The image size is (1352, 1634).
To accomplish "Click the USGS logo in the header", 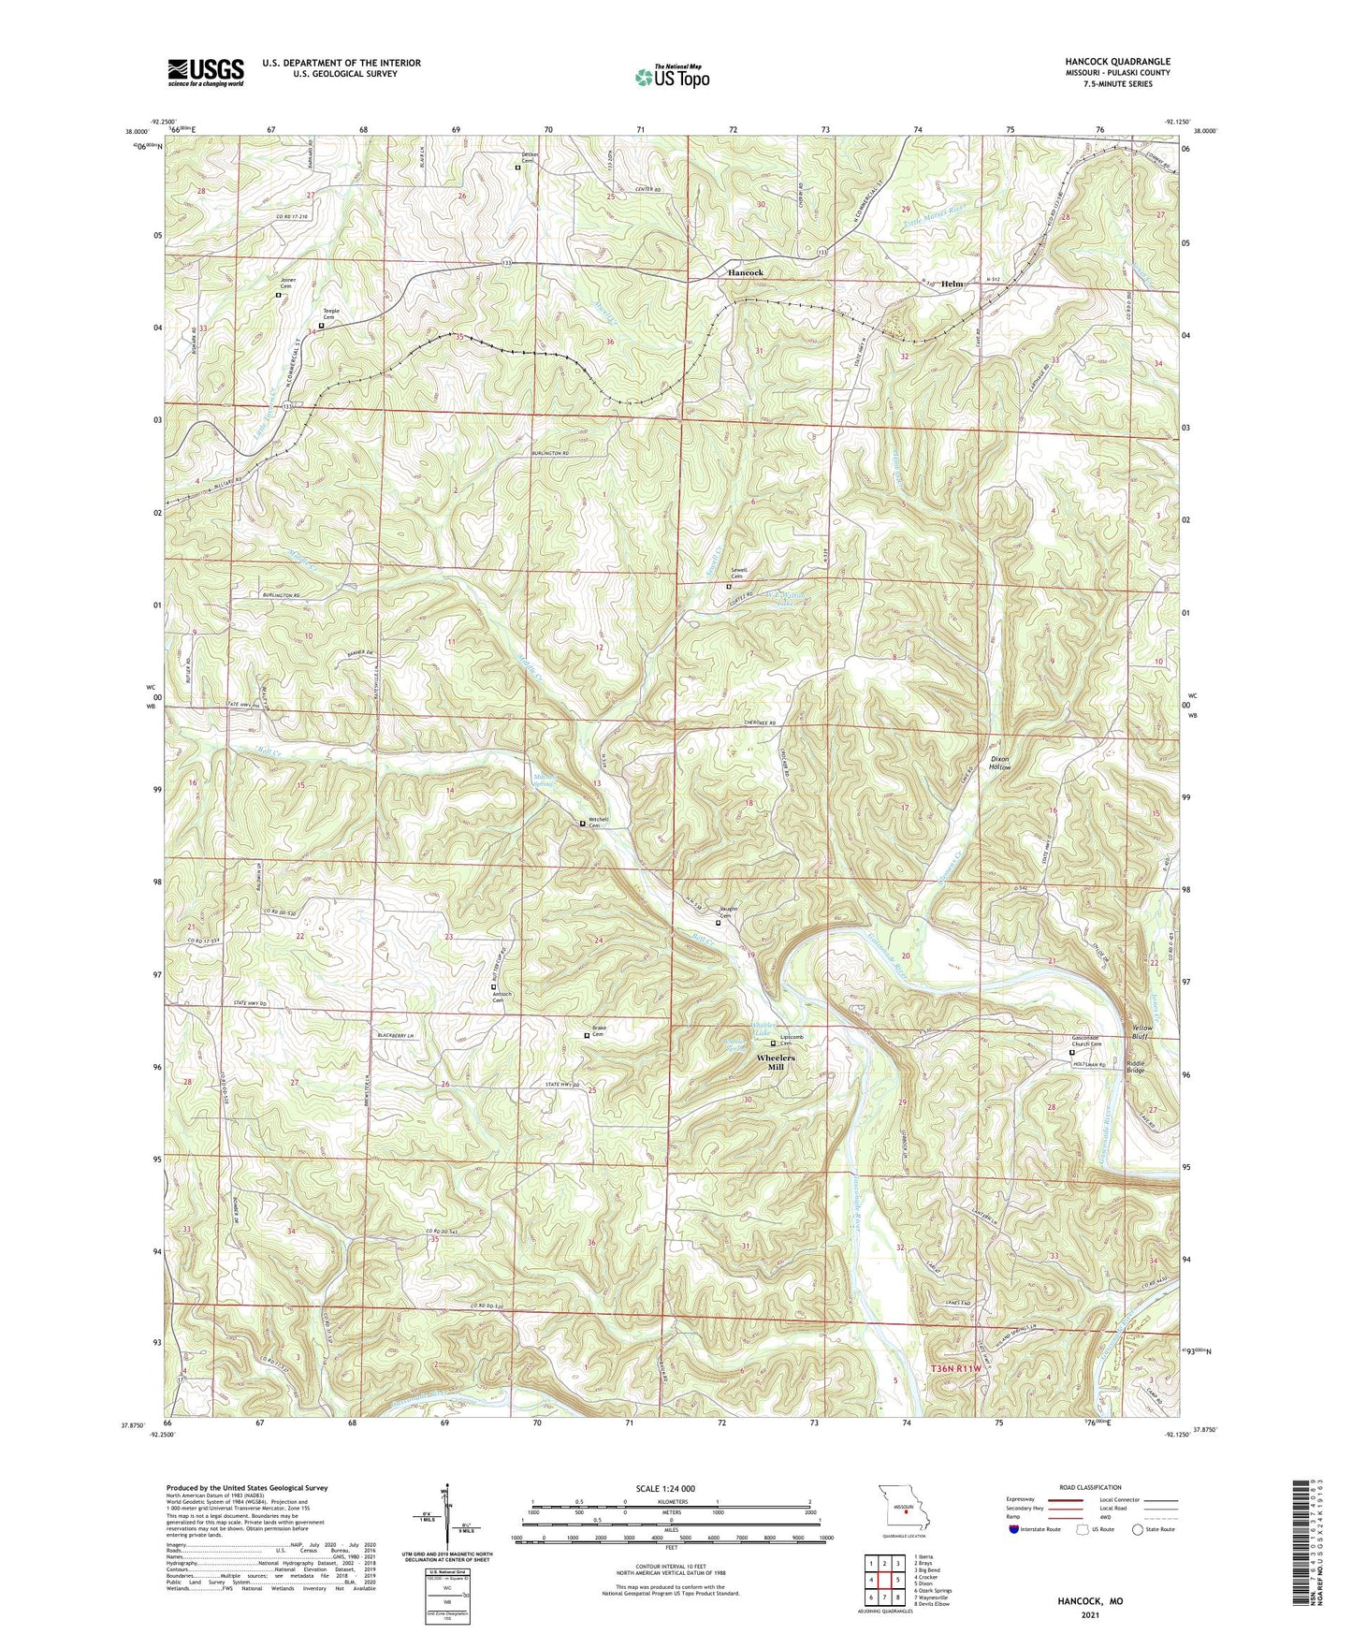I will click(x=206, y=71).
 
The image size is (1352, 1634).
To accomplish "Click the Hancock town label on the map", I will click(x=746, y=272).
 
